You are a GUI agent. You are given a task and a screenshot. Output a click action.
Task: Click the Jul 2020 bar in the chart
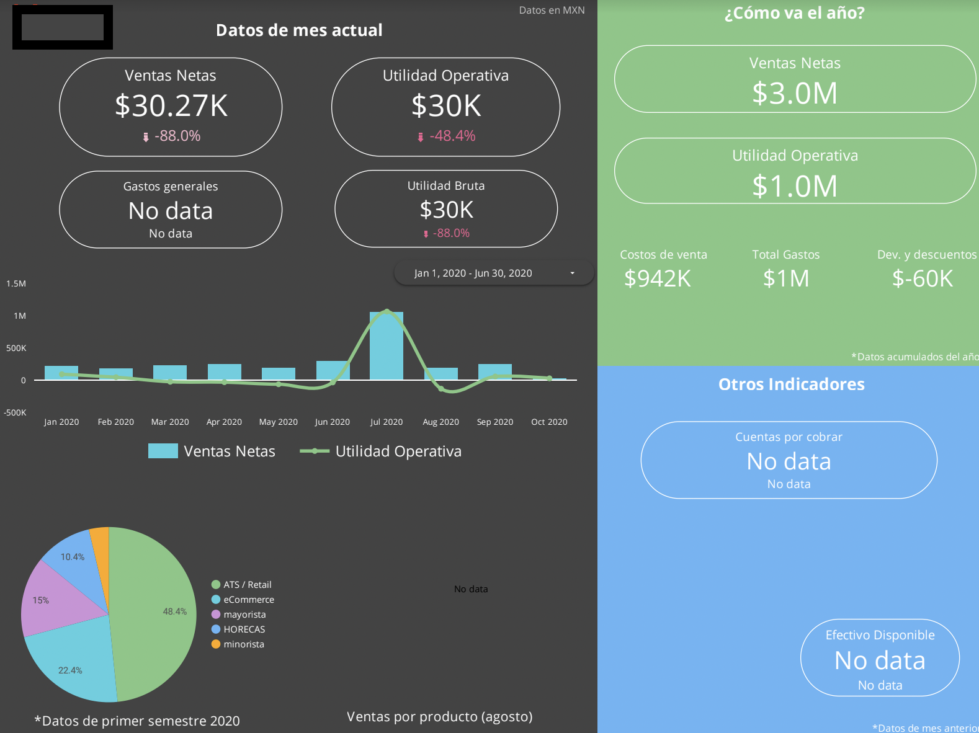click(387, 345)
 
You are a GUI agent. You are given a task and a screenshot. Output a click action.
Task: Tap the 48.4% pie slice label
click(174, 611)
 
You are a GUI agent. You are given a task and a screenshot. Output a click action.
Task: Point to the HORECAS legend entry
click(244, 629)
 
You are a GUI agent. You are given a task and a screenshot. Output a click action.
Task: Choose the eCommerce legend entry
click(248, 600)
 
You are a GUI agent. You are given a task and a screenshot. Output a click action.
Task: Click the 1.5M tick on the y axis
click(16, 283)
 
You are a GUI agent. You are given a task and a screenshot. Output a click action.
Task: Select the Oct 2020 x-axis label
click(549, 422)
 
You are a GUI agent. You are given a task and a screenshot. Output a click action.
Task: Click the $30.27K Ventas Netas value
click(171, 105)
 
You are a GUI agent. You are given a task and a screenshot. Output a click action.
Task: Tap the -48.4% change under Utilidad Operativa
click(452, 136)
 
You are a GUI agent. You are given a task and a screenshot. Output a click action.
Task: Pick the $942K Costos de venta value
click(657, 278)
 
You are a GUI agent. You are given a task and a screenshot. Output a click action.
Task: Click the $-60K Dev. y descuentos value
click(923, 278)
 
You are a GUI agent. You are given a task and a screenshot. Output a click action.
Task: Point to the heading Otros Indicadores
click(791, 384)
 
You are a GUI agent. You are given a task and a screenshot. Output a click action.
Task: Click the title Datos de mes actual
click(299, 30)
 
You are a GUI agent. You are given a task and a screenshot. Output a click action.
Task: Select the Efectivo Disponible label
click(880, 635)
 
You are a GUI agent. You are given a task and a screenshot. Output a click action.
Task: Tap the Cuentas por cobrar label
click(789, 437)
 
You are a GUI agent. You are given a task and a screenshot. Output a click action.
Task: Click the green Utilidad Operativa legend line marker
click(315, 451)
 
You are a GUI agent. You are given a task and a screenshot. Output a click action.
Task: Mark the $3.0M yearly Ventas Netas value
click(795, 94)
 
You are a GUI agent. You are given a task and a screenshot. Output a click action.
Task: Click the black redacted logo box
click(63, 27)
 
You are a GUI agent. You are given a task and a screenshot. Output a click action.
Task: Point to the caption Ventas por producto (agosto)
click(439, 717)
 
